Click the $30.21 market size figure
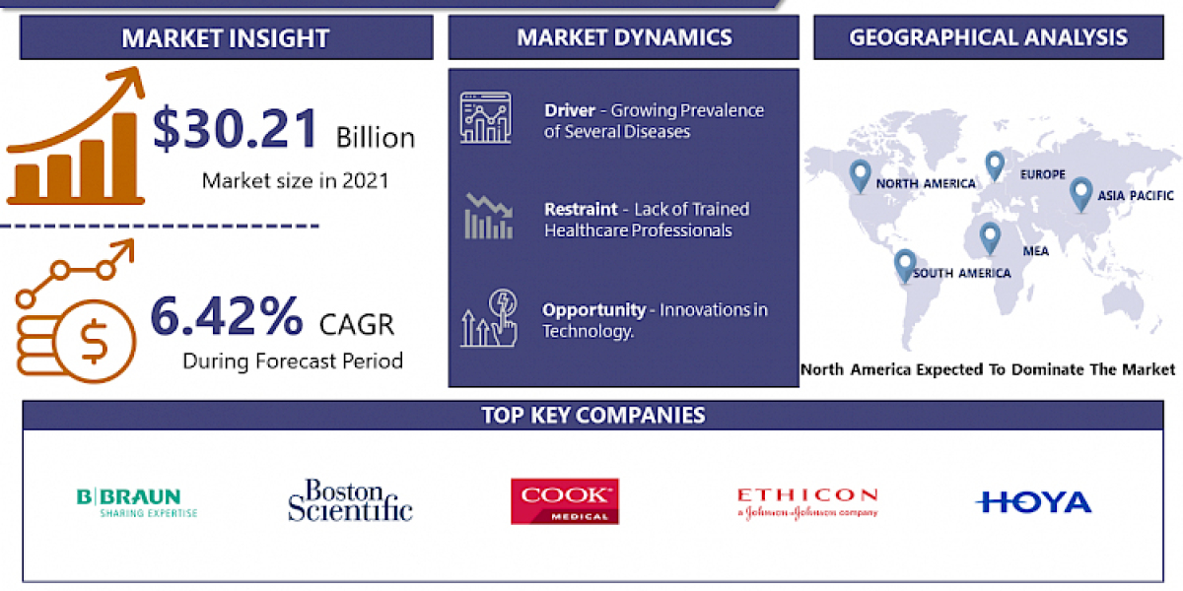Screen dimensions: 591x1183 237,130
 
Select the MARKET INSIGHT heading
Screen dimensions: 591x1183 225,38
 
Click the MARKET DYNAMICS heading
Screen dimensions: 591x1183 624,37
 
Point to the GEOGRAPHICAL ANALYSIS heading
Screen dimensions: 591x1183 988,37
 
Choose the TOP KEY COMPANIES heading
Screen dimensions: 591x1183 592,415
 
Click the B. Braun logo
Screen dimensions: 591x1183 137,502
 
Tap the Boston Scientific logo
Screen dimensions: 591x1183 350,500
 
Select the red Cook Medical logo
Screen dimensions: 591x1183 564,501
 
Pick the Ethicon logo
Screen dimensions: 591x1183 806,501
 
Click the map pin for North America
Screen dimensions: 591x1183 860,175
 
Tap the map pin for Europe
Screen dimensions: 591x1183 994,164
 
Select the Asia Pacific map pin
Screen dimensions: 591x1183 1080,191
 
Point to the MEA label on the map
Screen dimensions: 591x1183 1035,251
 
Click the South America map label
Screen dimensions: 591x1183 961,273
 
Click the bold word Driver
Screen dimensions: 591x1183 569,110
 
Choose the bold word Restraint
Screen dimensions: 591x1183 582,209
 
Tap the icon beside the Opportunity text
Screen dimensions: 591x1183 488,318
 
